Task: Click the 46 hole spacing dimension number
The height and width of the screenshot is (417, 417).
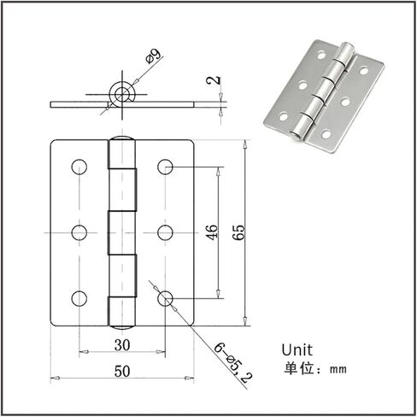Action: tap(212, 232)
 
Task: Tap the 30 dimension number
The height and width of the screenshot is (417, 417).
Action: tap(122, 345)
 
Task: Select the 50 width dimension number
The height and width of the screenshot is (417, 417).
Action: tap(122, 371)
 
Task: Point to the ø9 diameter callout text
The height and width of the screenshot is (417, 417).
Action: tap(153, 56)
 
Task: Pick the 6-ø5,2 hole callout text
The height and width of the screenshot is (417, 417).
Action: tap(233, 363)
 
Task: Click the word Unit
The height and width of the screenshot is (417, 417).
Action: tap(297, 350)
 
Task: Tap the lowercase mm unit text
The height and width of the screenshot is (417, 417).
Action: tap(338, 369)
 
